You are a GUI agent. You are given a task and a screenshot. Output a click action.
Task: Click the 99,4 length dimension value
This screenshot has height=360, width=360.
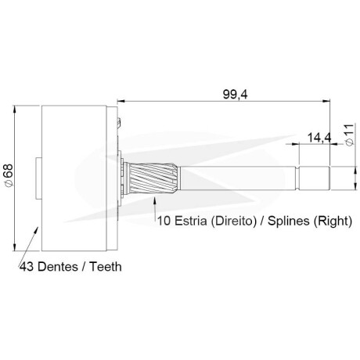[235, 95]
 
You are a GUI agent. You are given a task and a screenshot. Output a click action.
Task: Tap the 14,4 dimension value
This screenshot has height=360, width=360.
[319, 138]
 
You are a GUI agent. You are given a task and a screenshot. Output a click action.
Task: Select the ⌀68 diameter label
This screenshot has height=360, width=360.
[9, 175]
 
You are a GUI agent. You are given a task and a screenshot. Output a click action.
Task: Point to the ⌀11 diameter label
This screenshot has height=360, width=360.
[350, 135]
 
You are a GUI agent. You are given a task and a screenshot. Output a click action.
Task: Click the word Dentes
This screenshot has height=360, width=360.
[58, 267]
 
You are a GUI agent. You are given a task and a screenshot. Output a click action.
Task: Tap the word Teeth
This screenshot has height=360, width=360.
[106, 267]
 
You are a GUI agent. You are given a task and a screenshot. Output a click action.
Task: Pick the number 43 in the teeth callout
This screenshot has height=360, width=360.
[27, 267]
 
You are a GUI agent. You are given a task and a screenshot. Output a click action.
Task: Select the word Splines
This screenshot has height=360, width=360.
[289, 221]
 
